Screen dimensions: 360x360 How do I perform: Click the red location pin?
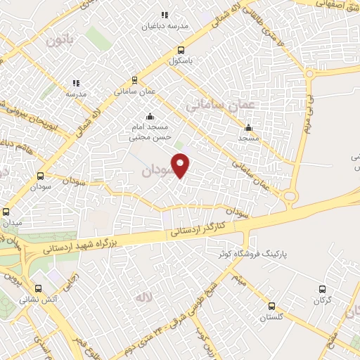coord(181,165)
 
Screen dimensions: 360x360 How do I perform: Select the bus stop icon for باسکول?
coord(181,50)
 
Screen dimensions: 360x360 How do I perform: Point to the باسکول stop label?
coord(181,60)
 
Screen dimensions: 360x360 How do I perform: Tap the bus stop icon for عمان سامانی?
coord(134,80)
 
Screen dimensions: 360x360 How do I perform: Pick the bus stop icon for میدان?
coord(6,212)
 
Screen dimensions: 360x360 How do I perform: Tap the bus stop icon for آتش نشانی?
coord(39,288)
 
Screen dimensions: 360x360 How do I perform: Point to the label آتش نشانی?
coord(39,299)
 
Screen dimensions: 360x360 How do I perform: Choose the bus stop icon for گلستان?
coord(271,307)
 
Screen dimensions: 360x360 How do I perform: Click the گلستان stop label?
coord(271,318)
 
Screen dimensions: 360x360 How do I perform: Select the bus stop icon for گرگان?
coord(322,289)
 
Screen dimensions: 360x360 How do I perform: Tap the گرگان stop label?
coord(322,300)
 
